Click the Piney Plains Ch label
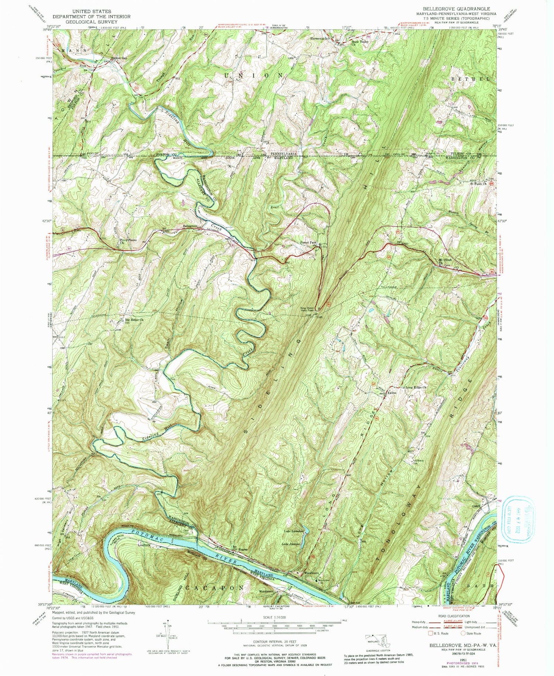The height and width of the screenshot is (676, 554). pyautogui.click(x=128, y=241)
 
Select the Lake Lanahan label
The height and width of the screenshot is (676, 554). pyautogui.click(x=294, y=531)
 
